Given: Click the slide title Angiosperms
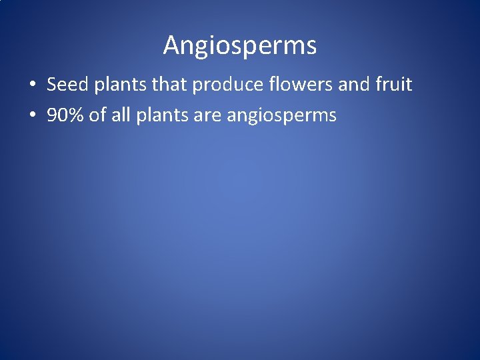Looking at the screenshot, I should click(240, 45).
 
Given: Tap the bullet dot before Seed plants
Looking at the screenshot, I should click(32, 85).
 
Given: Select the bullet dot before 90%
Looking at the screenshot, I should click(32, 116).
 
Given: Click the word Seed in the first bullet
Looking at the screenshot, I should click(63, 85).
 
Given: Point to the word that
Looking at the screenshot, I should click(151, 85).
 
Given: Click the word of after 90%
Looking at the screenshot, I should click(97, 115).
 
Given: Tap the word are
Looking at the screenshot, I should click(206, 116).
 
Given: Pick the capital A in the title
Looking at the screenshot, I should click(171, 45).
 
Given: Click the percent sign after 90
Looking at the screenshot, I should click(74, 115).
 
